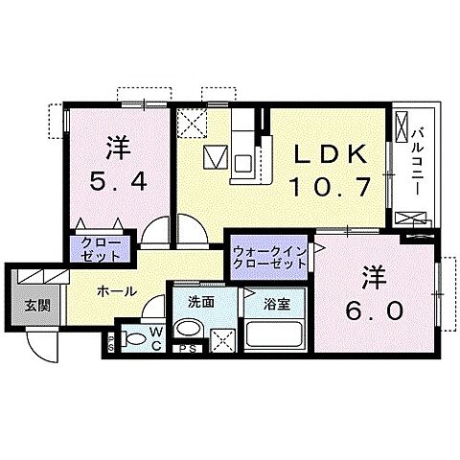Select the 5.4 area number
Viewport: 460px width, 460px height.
coord(118,183)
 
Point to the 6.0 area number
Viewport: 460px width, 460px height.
coord(375,310)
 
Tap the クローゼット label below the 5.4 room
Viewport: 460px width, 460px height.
coord(100,249)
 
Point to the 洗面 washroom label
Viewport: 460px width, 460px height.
coord(200,302)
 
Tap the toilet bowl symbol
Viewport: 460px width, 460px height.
coord(133,338)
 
